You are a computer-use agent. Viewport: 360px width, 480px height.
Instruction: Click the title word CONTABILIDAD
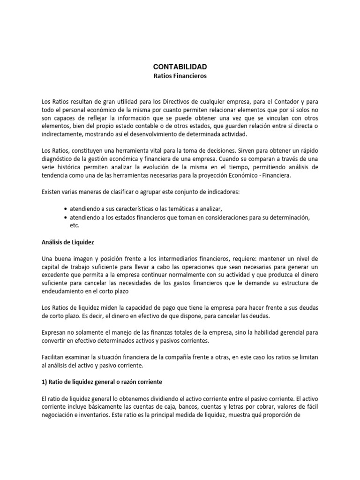pyautogui.click(x=180, y=67)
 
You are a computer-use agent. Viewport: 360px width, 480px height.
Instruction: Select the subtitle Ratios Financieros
pyautogui.click(x=180, y=76)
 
